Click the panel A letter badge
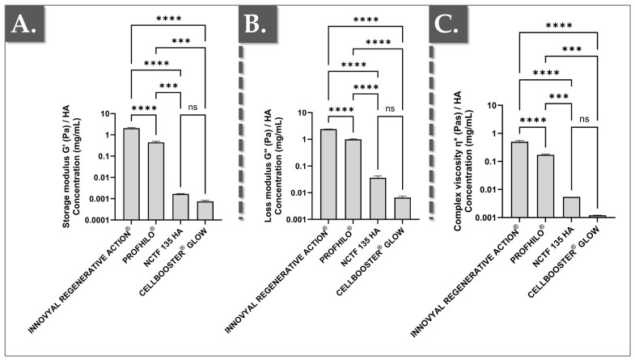[x=24, y=23]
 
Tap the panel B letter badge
[x=257, y=23]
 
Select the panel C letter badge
[x=448, y=23]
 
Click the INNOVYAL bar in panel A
[x=132, y=174]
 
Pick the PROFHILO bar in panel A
[x=156, y=181]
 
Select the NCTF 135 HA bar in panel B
[x=378, y=198]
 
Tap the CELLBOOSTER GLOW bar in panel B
[x=403, y=209]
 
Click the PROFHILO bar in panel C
[x=546, y=186]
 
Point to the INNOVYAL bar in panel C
[x=519, y=180]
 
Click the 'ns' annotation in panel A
[x=193, y=108]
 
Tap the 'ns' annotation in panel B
[x=390, y=108]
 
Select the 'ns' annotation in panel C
[x=584, y=119]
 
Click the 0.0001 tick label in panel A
[x=96, y=220]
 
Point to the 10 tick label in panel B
[x=302, y=112]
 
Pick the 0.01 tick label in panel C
[x=490, y=189]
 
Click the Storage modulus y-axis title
[x=71, y=167]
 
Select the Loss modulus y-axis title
[x=273, y=166]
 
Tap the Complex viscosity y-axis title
[x=463, y=161]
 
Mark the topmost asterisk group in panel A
[x=169, y=19]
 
